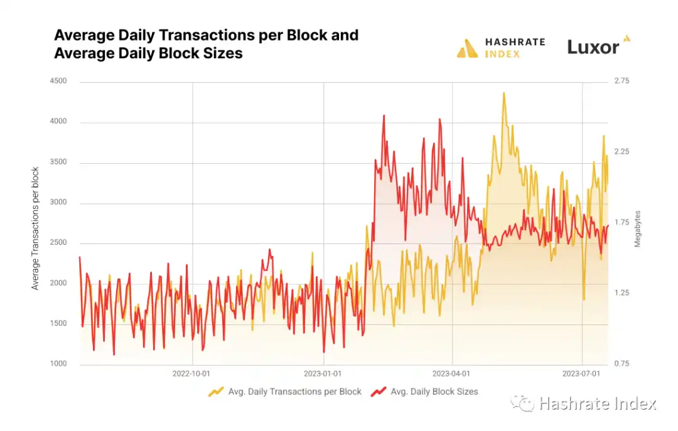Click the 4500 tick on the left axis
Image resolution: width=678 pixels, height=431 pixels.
coord(58,81)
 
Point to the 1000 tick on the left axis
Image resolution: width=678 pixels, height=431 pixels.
coord(58,364)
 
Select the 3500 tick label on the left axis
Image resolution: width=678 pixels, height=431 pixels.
coord(58,162)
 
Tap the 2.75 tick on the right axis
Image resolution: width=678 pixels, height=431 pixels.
coord(621,81)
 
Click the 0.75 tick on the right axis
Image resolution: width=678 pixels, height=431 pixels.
coord(621,364)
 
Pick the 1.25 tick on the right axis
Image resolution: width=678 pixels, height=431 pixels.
coord(621,293)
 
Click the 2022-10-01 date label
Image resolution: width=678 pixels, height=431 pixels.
coord(192,373)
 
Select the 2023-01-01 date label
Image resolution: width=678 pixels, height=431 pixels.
coord(323,373)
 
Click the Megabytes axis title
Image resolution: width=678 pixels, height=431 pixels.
coord(638,228)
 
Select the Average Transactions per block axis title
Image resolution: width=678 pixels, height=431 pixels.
coord(36,228)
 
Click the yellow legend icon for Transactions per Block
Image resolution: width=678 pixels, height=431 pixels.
coord(216,392)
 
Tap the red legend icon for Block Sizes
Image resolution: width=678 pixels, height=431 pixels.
coord(378,392)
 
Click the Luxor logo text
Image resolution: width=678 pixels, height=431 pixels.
coord(593,47)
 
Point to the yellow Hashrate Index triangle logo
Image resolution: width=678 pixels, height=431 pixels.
coord(468,48)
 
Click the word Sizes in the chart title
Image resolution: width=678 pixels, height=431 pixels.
coord(222,53)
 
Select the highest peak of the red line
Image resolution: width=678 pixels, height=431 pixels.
coord(384,115)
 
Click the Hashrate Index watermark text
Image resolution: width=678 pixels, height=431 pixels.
coord(597,403)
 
